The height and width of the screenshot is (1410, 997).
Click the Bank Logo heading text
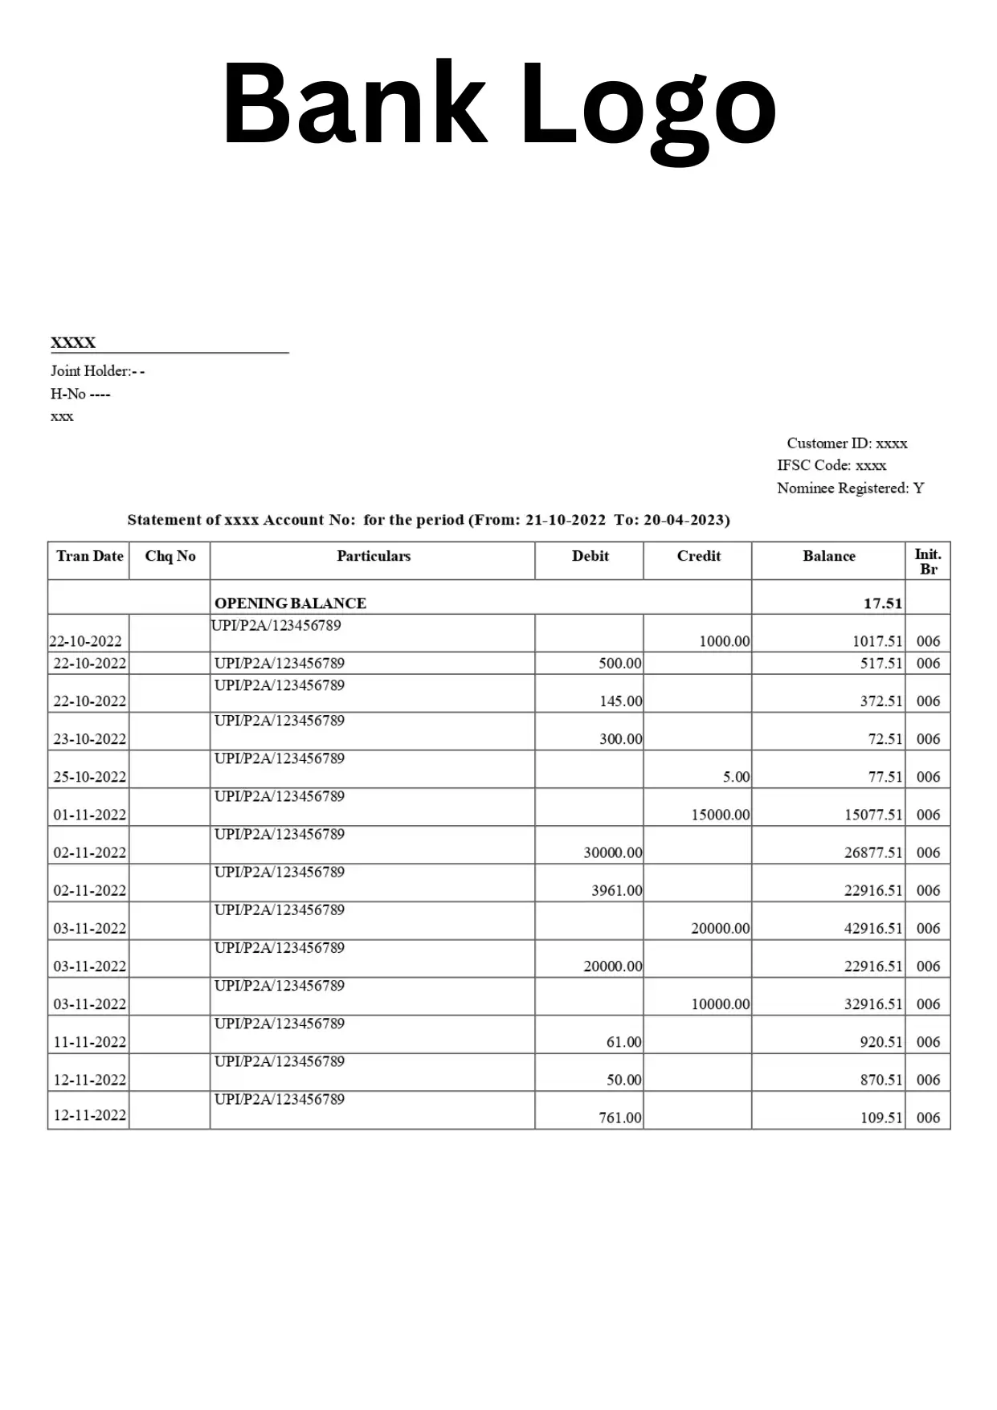498,104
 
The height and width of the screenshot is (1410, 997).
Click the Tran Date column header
89,556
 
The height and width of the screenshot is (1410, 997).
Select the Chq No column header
170,556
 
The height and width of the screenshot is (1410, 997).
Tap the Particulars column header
374,556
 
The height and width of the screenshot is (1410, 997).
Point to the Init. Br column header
928,561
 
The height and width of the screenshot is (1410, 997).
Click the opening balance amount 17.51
882,603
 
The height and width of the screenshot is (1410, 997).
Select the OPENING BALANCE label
290,603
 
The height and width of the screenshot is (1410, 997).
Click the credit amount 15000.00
720,815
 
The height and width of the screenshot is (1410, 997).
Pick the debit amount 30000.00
612,852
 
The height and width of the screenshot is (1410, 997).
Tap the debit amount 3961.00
616,890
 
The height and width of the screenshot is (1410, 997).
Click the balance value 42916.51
872,928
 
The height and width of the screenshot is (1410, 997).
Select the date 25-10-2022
89,777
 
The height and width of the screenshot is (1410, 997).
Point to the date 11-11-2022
89,1042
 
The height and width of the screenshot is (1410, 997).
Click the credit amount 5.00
735,777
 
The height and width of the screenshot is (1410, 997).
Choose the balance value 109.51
881,1118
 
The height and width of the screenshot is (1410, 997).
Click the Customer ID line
847,443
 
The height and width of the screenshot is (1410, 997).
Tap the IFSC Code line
832,465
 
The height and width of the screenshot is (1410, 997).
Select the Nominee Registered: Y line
850,488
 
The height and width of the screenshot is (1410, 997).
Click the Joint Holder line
97,370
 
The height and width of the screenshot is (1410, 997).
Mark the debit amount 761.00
619,1118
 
